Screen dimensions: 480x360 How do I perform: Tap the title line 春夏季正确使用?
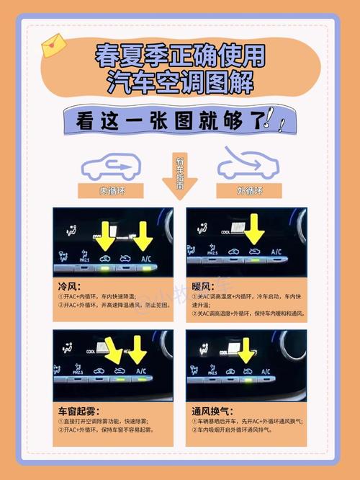click(180, 56)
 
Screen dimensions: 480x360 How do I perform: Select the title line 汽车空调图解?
click(180, 81)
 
